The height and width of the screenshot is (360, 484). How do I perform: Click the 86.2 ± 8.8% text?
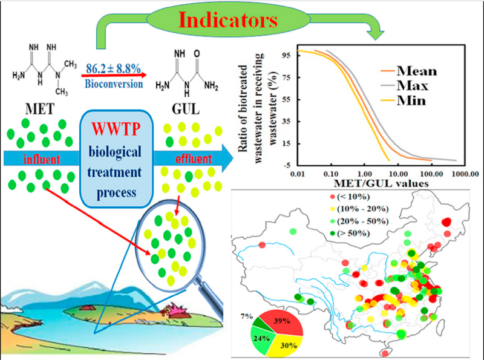pos(113,68)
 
